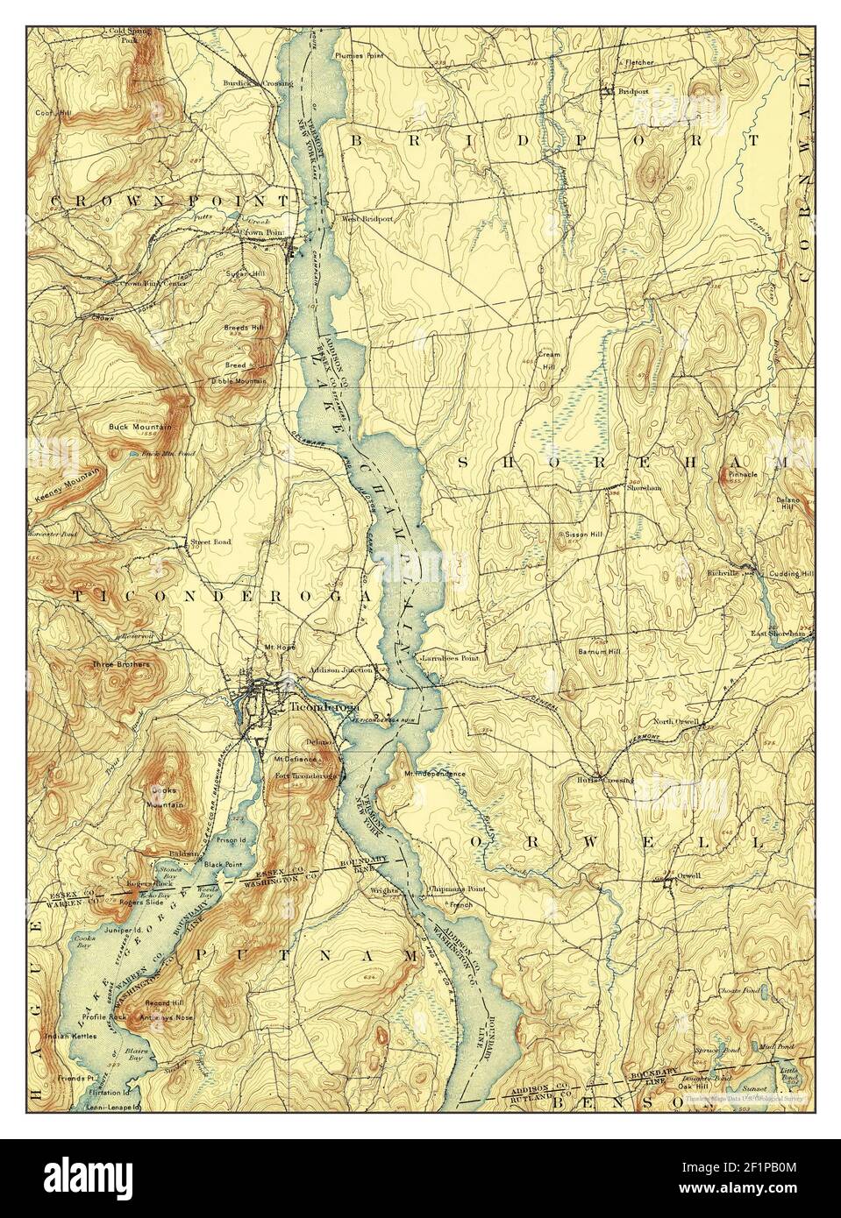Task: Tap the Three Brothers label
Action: (121, 664)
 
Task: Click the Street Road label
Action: (211, 542)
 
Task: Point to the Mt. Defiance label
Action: (293, 759)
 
